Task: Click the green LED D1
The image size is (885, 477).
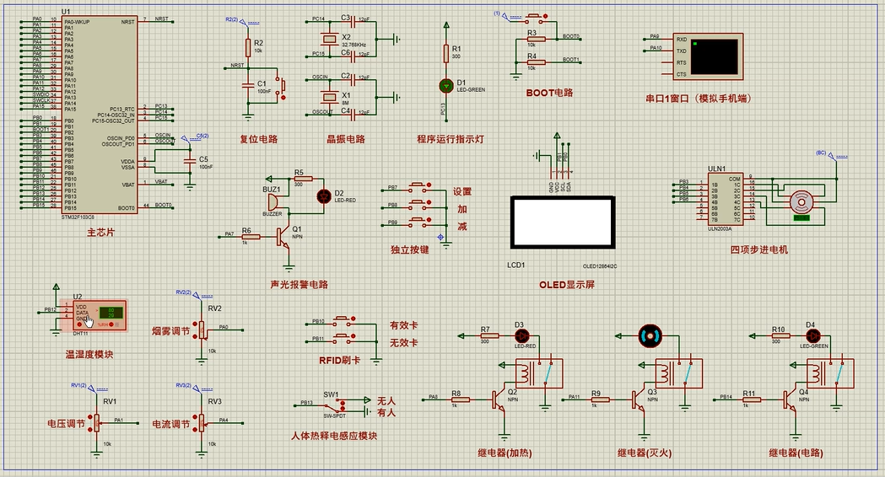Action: tap(446, 85)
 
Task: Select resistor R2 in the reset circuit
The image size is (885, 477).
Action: tap(248, 47)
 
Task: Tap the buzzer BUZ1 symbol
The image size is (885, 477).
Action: tap(273, 201)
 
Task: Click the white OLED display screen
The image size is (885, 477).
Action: tap(564, 222)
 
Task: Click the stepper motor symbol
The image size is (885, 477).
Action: tap(801, 202)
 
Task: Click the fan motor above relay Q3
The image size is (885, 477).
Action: tap(650, 335)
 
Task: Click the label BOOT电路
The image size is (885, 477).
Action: tap(548, 93)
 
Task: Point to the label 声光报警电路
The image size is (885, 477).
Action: tap(299, 285)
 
